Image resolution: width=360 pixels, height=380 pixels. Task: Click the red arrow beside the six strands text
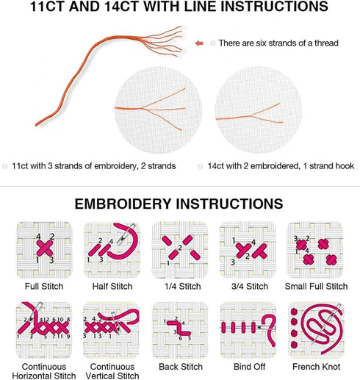pos(199,43)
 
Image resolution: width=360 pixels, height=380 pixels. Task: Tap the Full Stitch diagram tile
pos(44,250)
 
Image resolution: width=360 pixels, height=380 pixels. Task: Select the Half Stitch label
pos(112,286)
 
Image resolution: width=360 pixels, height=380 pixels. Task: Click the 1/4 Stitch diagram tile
pos(180,250)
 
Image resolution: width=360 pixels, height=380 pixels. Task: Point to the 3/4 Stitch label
pos(250,286)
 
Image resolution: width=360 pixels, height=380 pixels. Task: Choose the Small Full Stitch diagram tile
pos(315,250)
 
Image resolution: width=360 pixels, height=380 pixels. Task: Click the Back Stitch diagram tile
pos(180,330)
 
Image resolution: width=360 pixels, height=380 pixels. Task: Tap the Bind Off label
pos(249,367)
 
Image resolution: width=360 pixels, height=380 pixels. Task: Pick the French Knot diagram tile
pos(316,330)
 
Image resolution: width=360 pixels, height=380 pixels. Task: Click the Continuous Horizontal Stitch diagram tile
pos(44,330)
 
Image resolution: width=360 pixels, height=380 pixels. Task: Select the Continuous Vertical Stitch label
pos(112,371)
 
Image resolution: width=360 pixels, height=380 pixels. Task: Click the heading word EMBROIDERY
pos(123,204)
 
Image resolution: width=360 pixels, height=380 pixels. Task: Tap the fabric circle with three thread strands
pos(159,110)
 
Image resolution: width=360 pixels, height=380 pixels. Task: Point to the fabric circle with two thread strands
pos(259,110)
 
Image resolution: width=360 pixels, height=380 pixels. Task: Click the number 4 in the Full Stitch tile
pos(38,237)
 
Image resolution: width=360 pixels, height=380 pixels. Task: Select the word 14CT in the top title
pos(122,6)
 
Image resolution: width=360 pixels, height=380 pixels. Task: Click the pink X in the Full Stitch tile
pos(45,248)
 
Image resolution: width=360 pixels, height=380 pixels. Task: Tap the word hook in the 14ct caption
pos(345,166)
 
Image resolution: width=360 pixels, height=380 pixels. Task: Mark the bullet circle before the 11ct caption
pos(4,166)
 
